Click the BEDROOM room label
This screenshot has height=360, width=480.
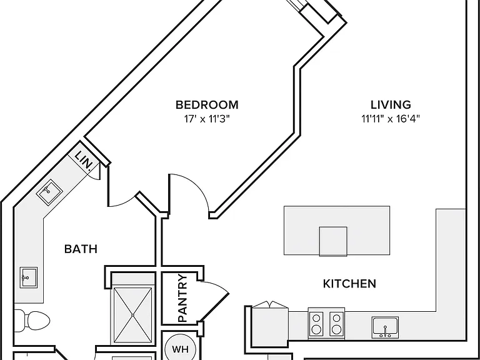[207, 105]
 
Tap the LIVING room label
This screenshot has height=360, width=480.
[391, 105]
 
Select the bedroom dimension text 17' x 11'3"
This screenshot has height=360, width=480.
[207, 119]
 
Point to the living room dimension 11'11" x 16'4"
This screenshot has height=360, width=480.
[390, 119]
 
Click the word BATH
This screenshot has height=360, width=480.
[81, 249]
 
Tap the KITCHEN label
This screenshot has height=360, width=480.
[349, 284]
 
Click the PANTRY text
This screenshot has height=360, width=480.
[182, 299]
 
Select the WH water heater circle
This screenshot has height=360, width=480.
[180, 349]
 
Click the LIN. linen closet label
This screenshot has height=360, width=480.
[84, 160]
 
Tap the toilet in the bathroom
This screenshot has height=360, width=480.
[32, 321]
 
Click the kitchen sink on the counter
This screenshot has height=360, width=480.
[386, 327]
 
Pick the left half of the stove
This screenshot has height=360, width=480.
[316, 323]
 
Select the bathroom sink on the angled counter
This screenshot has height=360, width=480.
[49, 192]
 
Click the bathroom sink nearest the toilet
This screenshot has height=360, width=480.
[29, 277]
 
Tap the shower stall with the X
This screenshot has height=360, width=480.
[132, 315]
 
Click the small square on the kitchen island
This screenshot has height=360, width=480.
[333, 241]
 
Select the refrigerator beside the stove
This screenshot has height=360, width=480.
[270, 326]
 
